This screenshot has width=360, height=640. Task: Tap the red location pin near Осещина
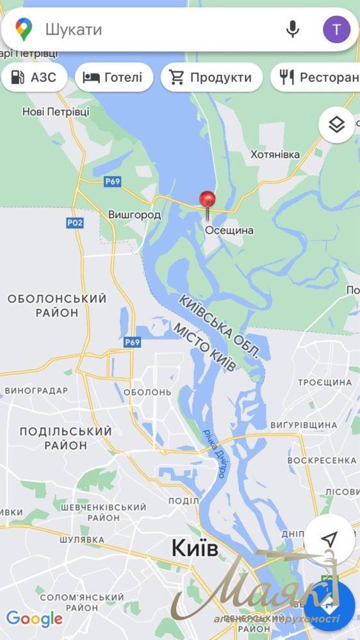click(x=207, y=201)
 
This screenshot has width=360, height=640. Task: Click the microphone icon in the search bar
click(x=293, y=29)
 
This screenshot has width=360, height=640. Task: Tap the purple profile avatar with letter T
click(x=336, y=29)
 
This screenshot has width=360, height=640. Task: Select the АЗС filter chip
click(x=33, y=78)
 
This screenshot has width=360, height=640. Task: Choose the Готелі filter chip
click(x=114, y=78)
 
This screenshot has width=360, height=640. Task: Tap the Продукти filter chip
click(x=211, y=78)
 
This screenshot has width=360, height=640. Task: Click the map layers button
click(x=337, y=125)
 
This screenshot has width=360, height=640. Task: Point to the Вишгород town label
click(x=135, y=215)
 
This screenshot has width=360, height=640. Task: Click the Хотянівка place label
click(x=275, y=155)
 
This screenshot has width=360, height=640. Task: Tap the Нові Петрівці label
click(x=56, y=111)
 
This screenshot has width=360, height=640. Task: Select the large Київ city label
click(x=195, y=548)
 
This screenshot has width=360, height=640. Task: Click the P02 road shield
click(x=74, y=222)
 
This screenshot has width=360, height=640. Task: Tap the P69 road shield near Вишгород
click(x=112, y=181)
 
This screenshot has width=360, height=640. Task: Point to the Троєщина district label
click(x=325, y=382)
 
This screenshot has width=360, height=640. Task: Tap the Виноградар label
click(x=36, y=390)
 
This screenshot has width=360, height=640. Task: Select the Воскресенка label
click(x=322, y=460)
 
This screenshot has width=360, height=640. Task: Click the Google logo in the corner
click(x=34, y=619)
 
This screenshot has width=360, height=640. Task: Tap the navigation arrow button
click(x=329, y=539)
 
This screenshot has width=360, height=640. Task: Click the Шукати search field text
click(x=74, y=29)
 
